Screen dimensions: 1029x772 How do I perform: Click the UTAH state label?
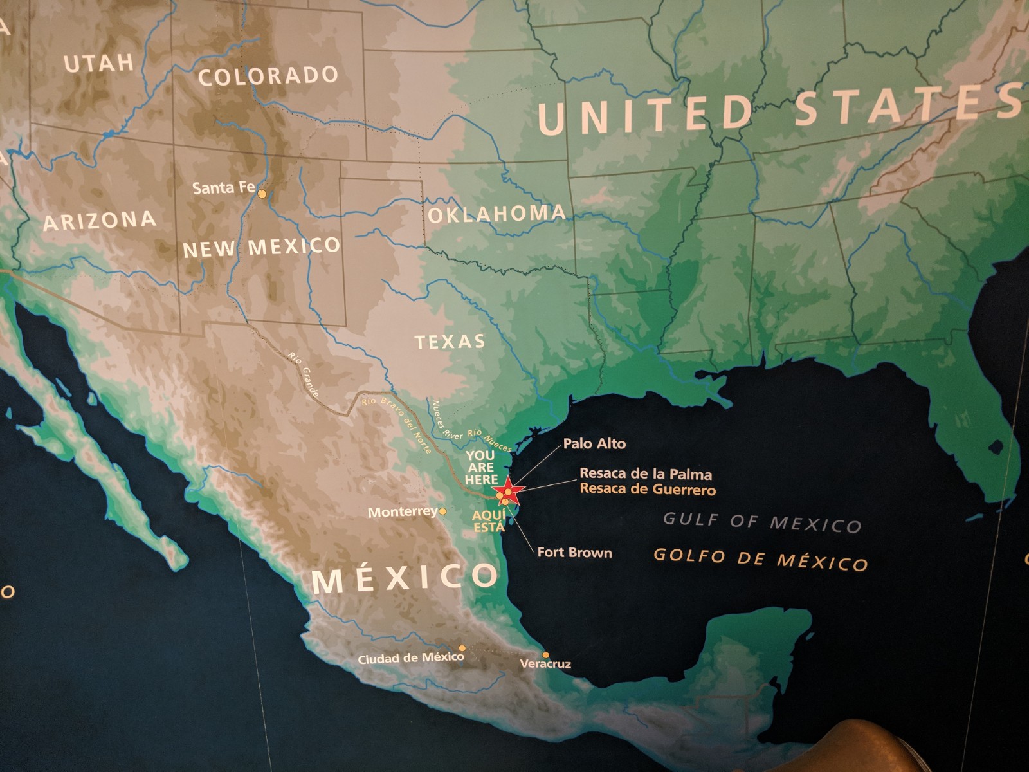pos(99,63)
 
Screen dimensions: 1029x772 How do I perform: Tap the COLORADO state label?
pos(268,76)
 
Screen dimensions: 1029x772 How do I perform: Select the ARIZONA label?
pos(100,221)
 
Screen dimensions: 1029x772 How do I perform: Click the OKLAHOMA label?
pos(497,214)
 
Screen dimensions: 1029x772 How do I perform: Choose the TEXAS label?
pos(450,342)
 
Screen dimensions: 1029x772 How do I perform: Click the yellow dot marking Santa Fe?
pos(262,193)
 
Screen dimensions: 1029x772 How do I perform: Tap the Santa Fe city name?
pos(223,188)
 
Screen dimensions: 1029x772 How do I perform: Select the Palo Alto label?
pos(594,443)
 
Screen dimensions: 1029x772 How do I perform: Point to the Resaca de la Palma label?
pos(646,474)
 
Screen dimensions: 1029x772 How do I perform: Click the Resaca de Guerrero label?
pos(648,490)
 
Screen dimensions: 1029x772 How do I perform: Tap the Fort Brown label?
pos(574,553)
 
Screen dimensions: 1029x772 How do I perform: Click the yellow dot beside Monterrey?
pos(442,511)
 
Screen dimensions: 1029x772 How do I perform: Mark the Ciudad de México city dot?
pos(462,648)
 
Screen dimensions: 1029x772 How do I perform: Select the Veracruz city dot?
pos(546,655)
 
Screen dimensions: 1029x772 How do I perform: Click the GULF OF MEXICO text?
pos(762,522)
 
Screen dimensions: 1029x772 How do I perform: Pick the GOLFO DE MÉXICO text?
pos(761,559)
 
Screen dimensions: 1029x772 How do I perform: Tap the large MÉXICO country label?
pos(405,577)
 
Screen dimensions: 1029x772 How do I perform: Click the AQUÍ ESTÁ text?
pos(489,521)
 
